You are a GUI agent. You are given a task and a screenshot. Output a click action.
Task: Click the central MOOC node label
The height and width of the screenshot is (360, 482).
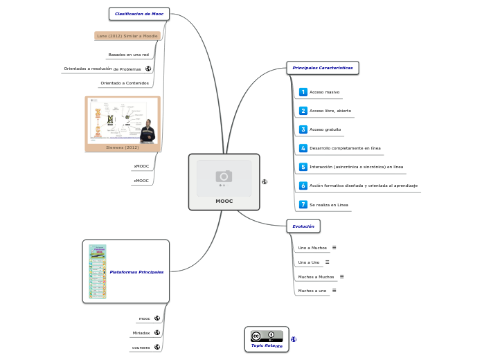(x=224, y=201)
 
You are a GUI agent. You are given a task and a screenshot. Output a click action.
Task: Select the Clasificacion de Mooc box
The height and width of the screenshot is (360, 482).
(x=139, y=13)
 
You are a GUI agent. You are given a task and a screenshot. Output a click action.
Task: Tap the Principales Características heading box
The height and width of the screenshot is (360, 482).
(x=323, y=68)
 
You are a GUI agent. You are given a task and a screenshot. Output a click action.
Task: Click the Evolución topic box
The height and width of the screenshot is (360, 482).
(x=303, y=226)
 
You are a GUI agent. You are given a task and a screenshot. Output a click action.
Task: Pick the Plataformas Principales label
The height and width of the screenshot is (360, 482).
(x=136, y=272)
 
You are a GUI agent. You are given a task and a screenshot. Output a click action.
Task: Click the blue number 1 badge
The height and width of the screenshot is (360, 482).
(x=303, y=92)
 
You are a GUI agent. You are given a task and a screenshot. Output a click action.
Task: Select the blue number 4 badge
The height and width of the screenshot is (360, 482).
(x=303, y=148)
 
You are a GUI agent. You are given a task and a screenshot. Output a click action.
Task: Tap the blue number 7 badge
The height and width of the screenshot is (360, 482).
(x=303, y=205)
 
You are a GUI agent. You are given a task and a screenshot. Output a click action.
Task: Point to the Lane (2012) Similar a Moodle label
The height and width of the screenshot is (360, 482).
(x=127, y=35)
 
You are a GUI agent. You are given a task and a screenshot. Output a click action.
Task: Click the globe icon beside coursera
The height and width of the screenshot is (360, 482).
(x=157, y=347)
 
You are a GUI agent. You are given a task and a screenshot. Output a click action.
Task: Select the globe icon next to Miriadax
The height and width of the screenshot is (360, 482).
(x=157, y=332)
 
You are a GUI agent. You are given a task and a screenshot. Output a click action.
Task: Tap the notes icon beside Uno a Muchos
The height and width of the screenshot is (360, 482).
(x=334, y=247)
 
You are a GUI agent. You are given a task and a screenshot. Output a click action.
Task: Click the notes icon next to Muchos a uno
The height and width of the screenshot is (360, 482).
(x=334, y=291)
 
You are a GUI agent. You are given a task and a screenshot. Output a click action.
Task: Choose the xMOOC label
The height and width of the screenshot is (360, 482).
(x=141, y=166)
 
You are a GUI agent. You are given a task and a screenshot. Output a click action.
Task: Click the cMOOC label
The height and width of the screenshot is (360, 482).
(x=141, y=181)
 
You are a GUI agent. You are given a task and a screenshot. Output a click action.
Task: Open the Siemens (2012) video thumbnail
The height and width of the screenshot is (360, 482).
(x=123, y=121)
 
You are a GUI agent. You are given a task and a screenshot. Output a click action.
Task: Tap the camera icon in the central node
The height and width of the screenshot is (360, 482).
(x=224, y=176)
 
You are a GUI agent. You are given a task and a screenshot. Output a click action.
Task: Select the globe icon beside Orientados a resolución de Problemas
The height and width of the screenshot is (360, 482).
(x=148, y=69)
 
